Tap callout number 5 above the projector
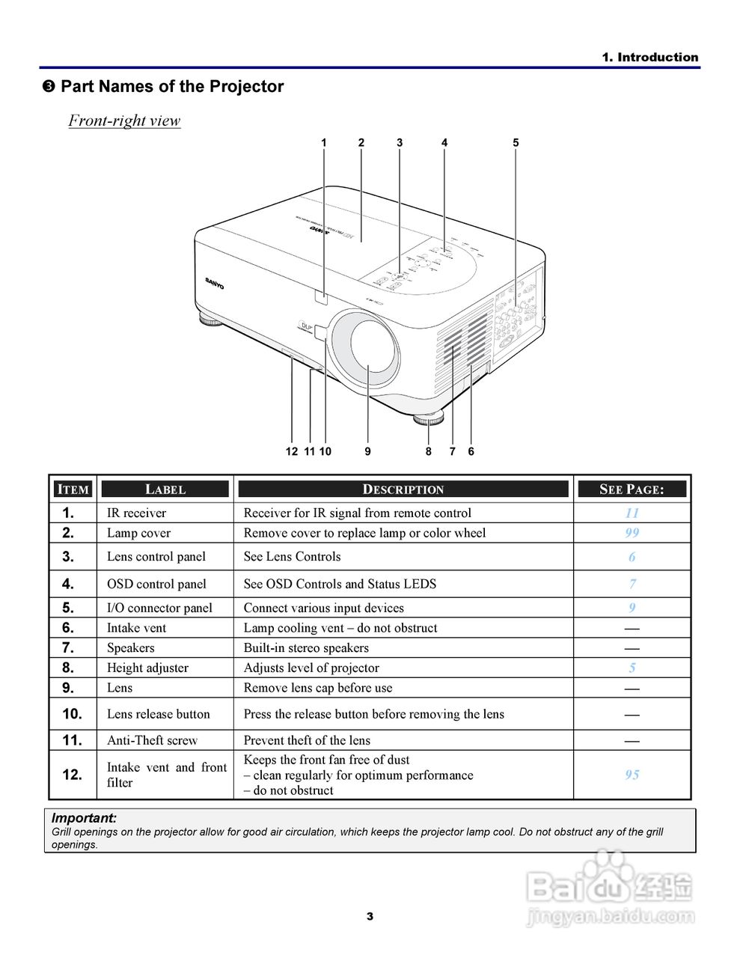tap(516, 142)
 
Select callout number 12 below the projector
tap(292, 451)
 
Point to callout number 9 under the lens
tap(368, 451)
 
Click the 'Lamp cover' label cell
tap(138, 533)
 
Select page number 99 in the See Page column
tap(632, 533)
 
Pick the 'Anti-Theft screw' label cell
tap(152, 740)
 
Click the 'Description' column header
tap(403, 489)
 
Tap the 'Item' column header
tap(73, 489)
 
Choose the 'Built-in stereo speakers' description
tap(306, 648)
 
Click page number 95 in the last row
tap(632, 775)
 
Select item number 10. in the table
tap(72, 714)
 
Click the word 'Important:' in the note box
tap(84, 818)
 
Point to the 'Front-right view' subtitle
tap(124, 120)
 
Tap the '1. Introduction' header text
tap(649, 57)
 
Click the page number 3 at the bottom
tap(370, 916)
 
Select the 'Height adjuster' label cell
tap(147, 668)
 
